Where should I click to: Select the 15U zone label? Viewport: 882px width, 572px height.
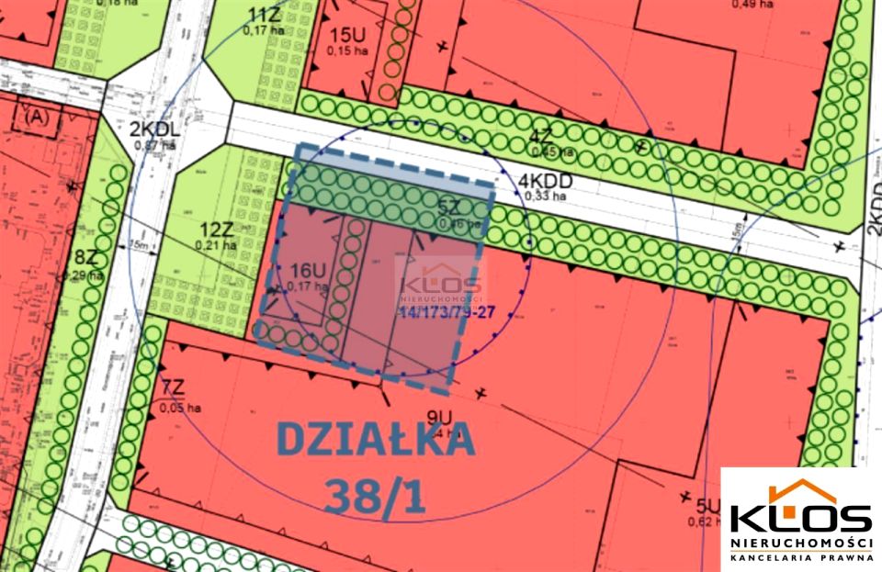(347, 36)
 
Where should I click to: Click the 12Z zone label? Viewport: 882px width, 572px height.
(217, 230)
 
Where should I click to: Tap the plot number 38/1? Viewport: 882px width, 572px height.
(375, 496)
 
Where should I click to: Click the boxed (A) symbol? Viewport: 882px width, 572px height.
(38, 117)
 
